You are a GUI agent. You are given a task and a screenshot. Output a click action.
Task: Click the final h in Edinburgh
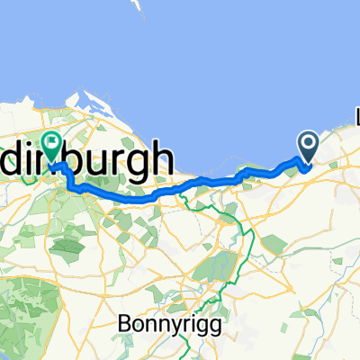pyautogui.click(x=161, y=158)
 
